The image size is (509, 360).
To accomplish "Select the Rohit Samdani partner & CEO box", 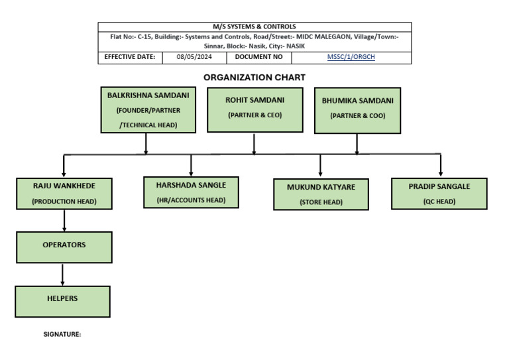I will point(254,109).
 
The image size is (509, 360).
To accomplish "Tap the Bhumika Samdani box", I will point(357,110).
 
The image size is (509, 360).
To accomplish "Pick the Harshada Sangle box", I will point(191,192).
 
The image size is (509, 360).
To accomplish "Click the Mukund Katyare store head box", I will point(321,194).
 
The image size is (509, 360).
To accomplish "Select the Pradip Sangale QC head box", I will point(439,194).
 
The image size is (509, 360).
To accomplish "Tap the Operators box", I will point(64,246).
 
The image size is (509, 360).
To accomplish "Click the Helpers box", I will point(63,300).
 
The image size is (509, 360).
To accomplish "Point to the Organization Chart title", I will point(254,78).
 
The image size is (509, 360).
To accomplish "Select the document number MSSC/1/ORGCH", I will point(351,58).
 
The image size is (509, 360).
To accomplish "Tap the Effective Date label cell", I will point(130,58).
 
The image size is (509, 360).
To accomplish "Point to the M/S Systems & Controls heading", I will point(254,27).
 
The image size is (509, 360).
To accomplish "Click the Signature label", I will point(62,335).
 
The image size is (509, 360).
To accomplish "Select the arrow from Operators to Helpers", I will point(63,274).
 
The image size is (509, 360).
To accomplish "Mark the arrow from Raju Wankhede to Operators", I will point(64,220).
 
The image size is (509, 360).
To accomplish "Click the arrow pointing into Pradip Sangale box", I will point(440,166).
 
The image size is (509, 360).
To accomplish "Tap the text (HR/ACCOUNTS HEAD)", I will point(191,200).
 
